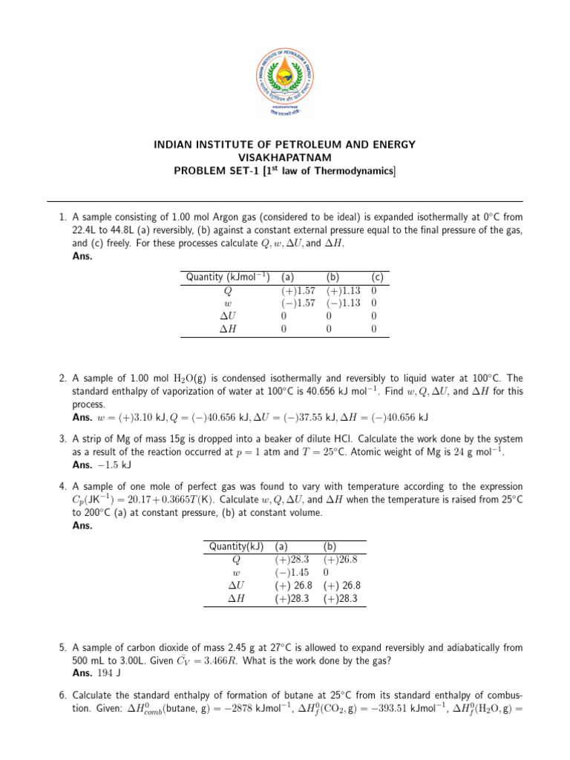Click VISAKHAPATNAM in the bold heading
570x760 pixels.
tap(285, 158)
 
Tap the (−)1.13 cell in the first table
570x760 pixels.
tap(343, 304)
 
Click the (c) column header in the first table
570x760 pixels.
tap(377, 278)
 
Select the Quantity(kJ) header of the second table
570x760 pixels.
tap(237, 547)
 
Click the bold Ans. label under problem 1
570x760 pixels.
tap(82, 255)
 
